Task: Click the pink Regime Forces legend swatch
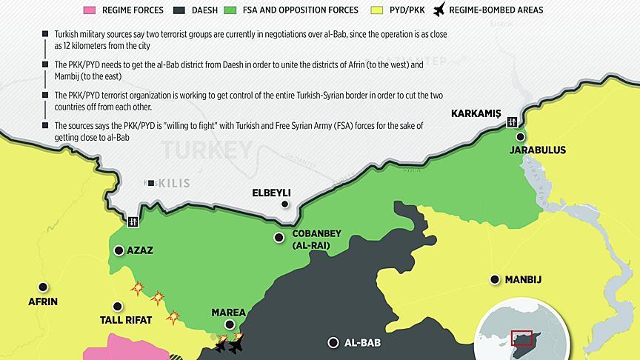[x=90, y=10]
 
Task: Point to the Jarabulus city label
[x=537, y=150]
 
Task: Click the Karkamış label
[x=476, y=113]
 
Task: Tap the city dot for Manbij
[x=494, y=279]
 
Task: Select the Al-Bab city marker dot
[x=333, y=342]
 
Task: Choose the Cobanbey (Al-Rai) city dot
[x=279, y=237]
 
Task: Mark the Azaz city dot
[x=119, y=250]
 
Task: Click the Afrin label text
[x=43, y=301]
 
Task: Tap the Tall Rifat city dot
[x=117, y=306]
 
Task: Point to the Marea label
[x=229, y=312]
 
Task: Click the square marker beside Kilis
[x=151, y=183]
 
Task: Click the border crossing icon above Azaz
[x=133, y=221]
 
